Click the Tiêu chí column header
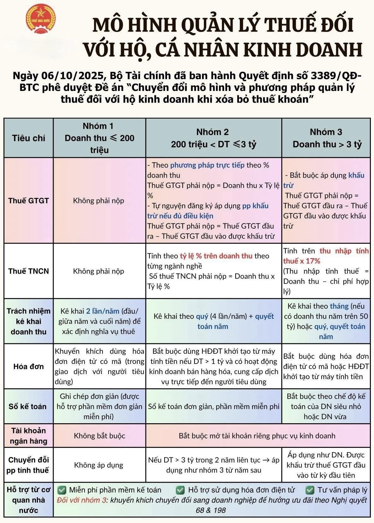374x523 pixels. pyautogui.click(x=29, y=138)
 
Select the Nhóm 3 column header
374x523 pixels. pyautogui.click(x=326, y=138)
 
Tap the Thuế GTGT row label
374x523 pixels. pyautogui.click(x=29, y=201)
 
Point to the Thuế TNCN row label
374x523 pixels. pyautogui.click(x=29, y=271)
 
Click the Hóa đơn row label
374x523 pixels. pyautogui.click(x=29, y=366)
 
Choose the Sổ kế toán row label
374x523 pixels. pyautogui.click(x=28, y=407)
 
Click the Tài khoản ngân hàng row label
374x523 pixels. pyautogui.click(x=29, y=436)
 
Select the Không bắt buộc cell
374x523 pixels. pyautogui.click(x=99, y=436)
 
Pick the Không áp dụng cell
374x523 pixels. pyautogui.click(x=99, y=465)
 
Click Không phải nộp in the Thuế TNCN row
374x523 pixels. pyautogui.click(x=99, y=271)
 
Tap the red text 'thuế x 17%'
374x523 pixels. pyautogui.click(x=301, y=261)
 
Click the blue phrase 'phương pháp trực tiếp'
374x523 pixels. pyautogui.click(x=207, y=165)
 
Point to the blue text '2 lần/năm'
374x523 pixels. pyautogui.click(x=103, y=311)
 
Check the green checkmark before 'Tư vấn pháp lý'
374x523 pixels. pyautogui.click(x=310, y=490)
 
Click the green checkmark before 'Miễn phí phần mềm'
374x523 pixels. pyautogui.click(x=62, y=490)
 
